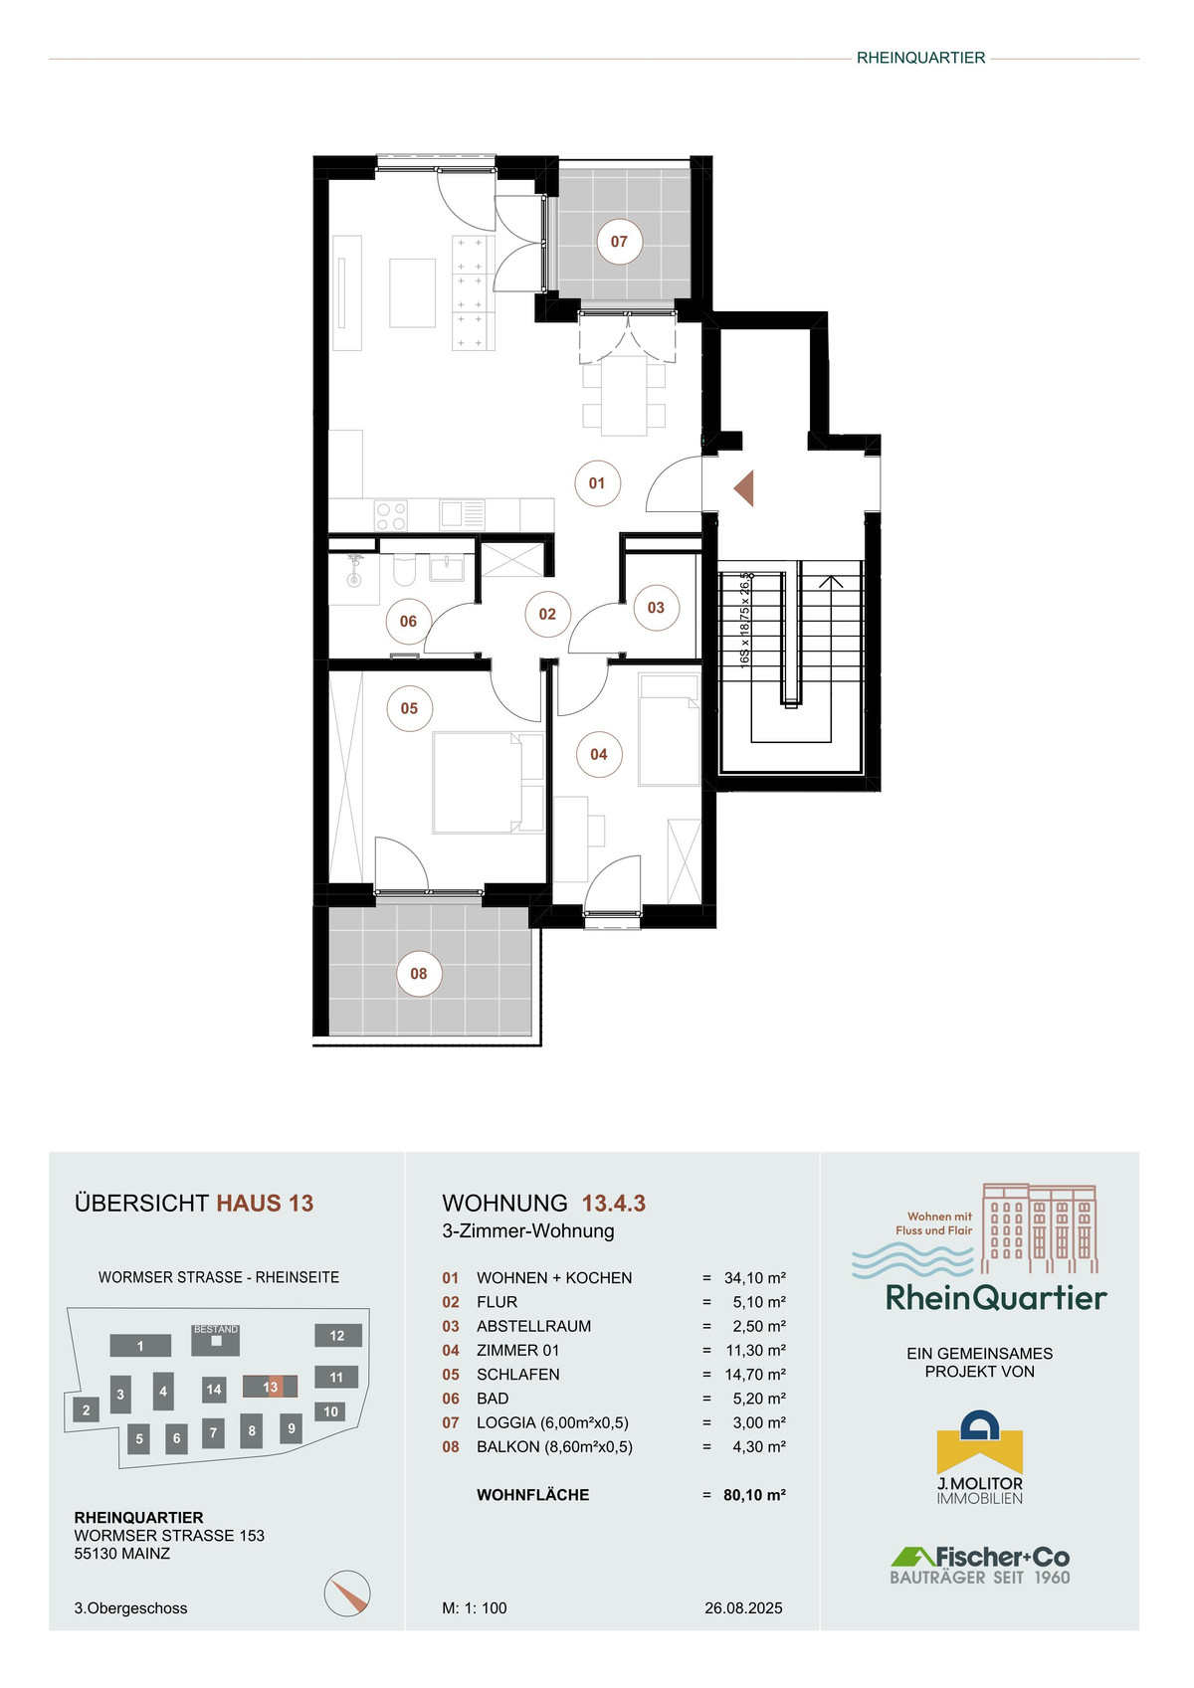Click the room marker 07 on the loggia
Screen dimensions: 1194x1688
coord(619,241)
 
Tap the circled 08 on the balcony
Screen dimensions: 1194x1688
coord(418,974)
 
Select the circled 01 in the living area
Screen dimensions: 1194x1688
coord(597,483)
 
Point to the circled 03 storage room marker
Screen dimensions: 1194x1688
coord(656,608)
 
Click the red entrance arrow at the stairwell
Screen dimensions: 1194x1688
coord(744,487)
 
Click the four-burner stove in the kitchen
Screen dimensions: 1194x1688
coord(391,516)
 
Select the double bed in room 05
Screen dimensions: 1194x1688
coord(489,782)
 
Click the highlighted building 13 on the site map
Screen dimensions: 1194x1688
coord(270,1387)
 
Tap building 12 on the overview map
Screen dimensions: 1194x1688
coord(337,1335)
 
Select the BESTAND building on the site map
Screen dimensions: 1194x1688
coord(216,1340)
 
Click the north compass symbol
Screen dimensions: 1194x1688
coord(347,1594)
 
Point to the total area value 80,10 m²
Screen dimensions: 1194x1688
coord(754,1495)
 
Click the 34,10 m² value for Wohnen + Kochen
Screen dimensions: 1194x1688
coord(755,1278)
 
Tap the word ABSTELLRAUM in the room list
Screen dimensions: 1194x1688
coord(533,1326)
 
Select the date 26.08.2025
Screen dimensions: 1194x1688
coord(743,1608)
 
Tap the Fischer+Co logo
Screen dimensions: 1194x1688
coord(980,1566)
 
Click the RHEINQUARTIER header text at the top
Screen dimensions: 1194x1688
coord(920,58)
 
